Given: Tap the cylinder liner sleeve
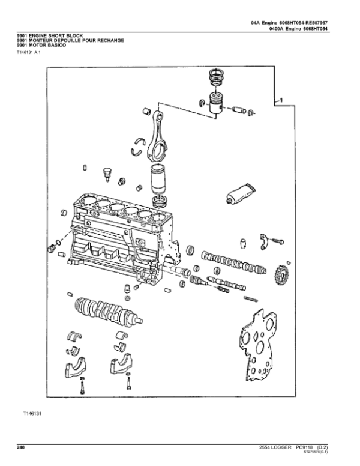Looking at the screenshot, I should point(161,178).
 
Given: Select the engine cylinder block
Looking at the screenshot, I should point(120,234).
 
